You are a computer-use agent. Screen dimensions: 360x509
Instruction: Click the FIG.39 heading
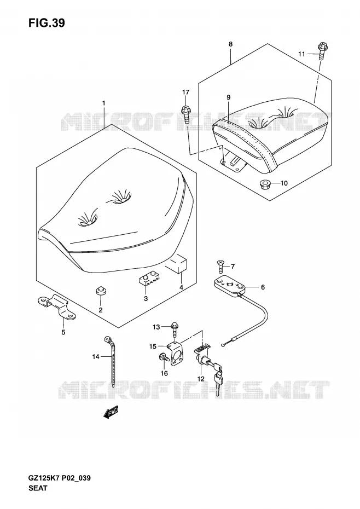[x=47, y=23]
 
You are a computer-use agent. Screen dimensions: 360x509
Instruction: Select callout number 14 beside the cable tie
[x=95, y=357]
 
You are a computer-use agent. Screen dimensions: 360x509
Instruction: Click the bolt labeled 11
[x=321, y=51]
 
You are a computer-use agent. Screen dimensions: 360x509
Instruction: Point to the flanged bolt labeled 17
[x=185, y=114]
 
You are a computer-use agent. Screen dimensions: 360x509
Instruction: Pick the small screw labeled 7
[x=220, y=267]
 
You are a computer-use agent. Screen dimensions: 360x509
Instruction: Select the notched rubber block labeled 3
[x=149, y=279]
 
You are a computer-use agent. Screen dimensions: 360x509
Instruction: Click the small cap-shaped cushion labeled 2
[x=101, y=291]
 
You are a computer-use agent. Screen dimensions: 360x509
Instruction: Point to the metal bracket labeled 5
[x=56, y=306]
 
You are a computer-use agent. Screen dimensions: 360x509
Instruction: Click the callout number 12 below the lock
[x=201, y=379]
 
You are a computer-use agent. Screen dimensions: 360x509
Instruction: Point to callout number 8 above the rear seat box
[x=230, y=44]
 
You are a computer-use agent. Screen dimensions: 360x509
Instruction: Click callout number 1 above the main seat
[x=103, y=103]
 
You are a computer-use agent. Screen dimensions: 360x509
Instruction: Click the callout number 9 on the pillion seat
[x=229, y=97]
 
